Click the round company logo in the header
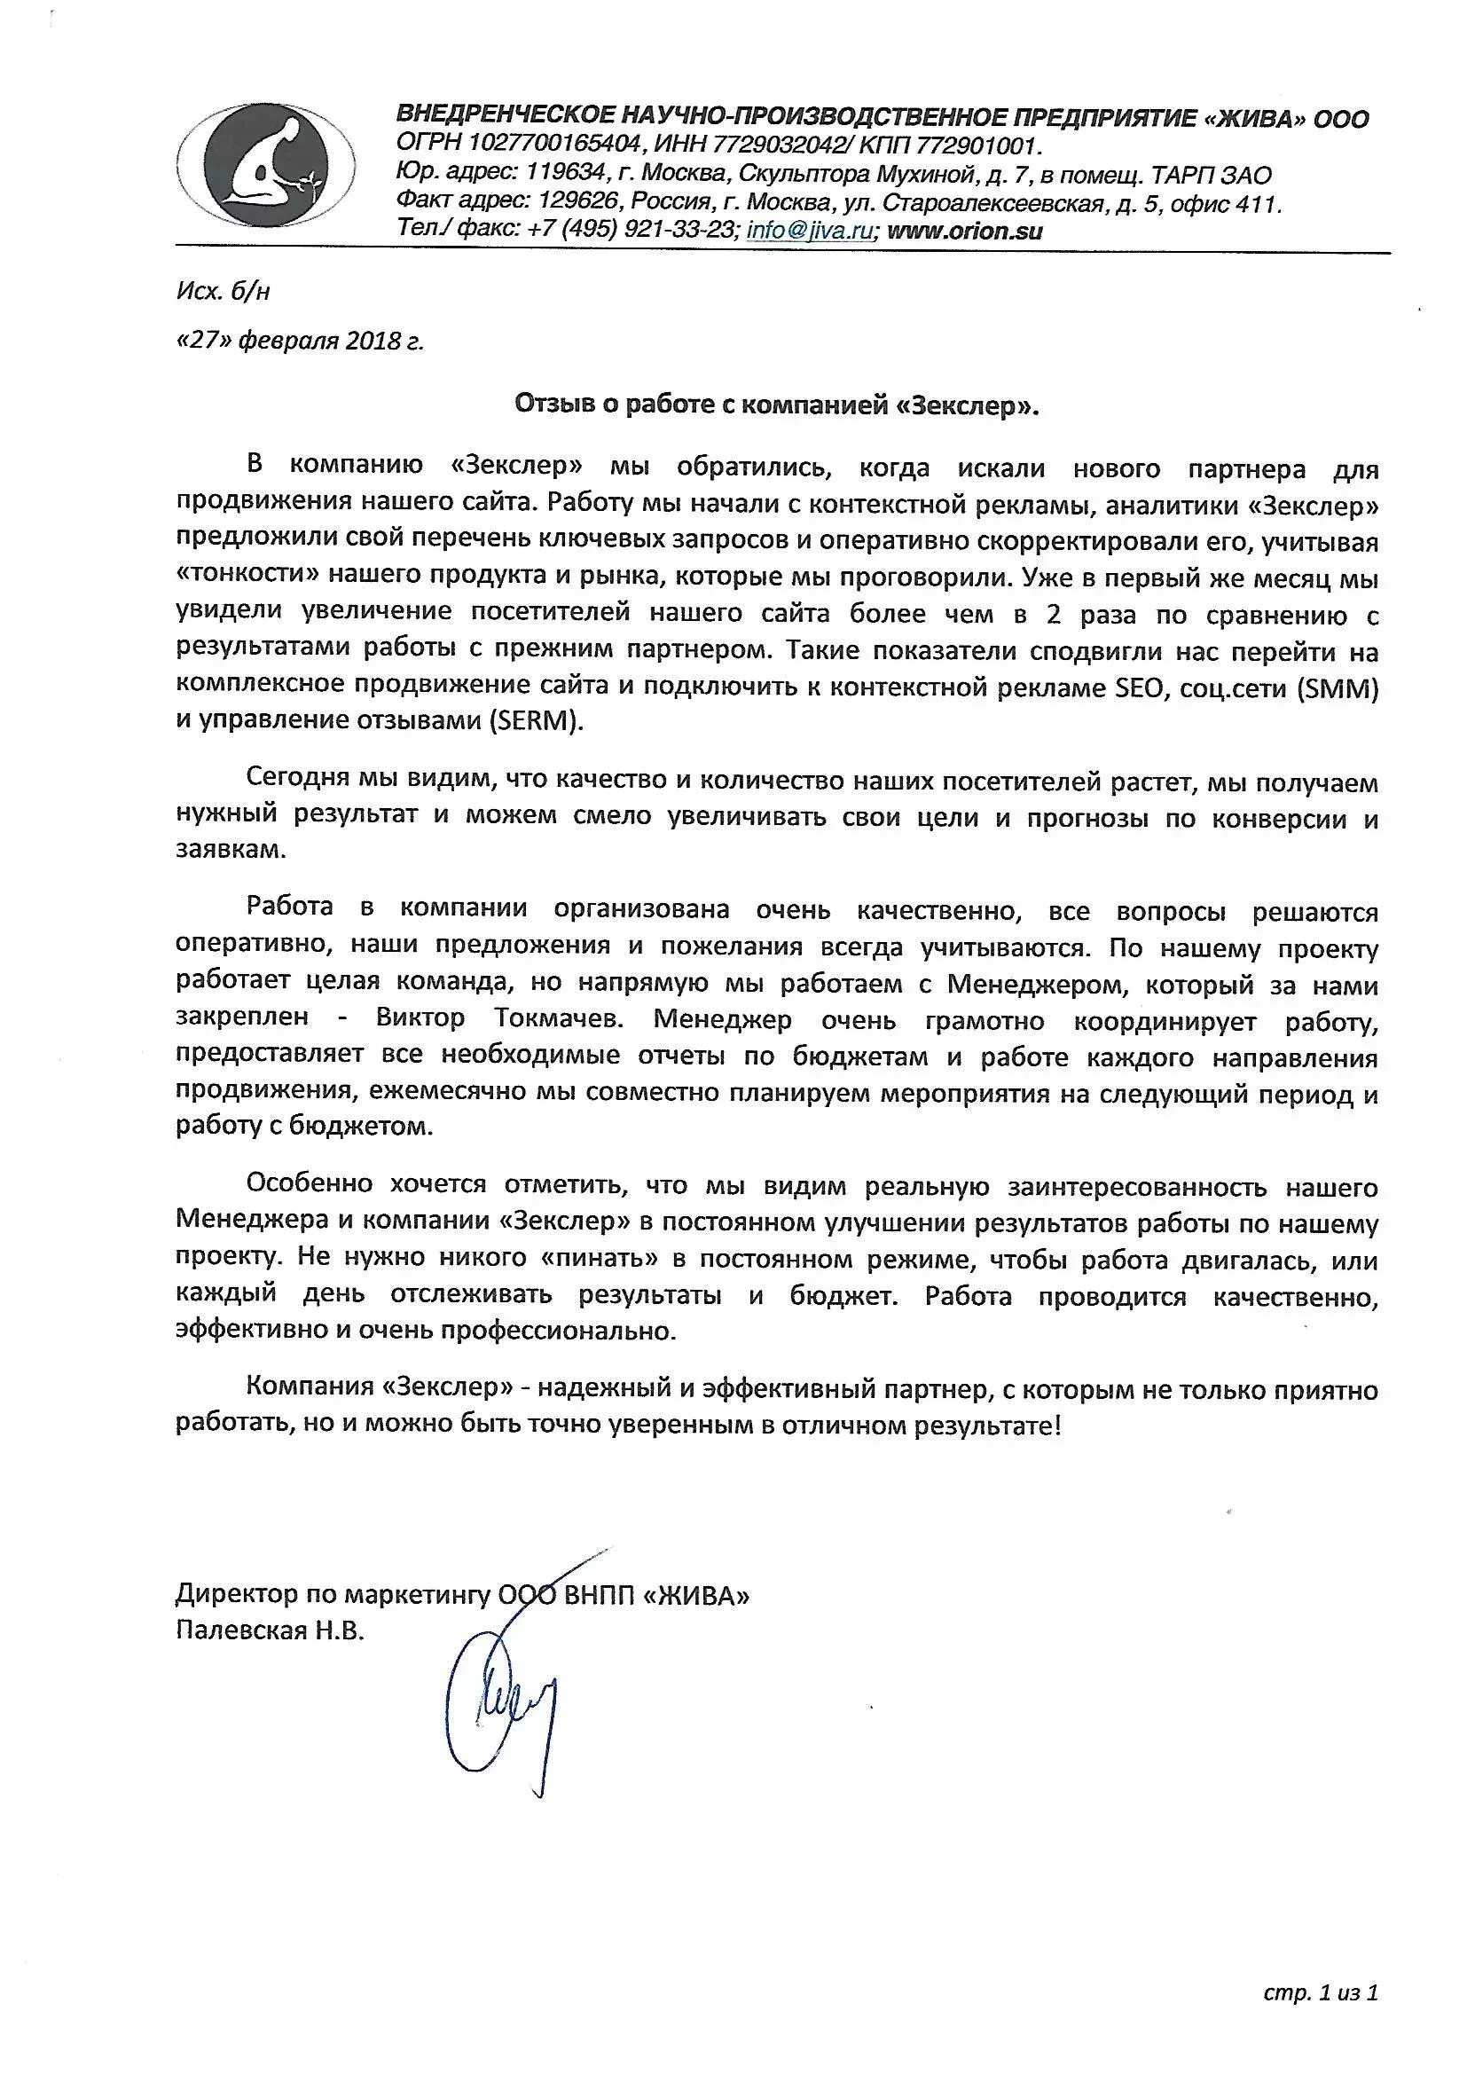(x=264, y=164)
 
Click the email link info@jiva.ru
(x=810, y=231)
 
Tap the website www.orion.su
(x=965, y=231)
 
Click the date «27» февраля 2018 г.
(x=300, y=342)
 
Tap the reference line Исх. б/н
(x=224, y=291)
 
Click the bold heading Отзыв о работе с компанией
(x=777, y=405)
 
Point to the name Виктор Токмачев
(x=498, y=1019)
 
